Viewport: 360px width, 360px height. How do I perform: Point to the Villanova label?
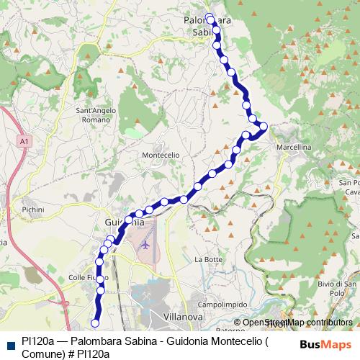181,316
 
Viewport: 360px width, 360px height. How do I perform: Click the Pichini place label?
33,210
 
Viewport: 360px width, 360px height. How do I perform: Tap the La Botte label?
208,258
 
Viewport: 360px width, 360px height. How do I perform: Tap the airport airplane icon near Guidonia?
146,245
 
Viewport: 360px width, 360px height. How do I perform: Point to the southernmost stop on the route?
95,323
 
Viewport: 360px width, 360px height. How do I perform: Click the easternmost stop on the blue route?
264,127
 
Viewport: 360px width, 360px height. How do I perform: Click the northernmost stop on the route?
209,17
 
